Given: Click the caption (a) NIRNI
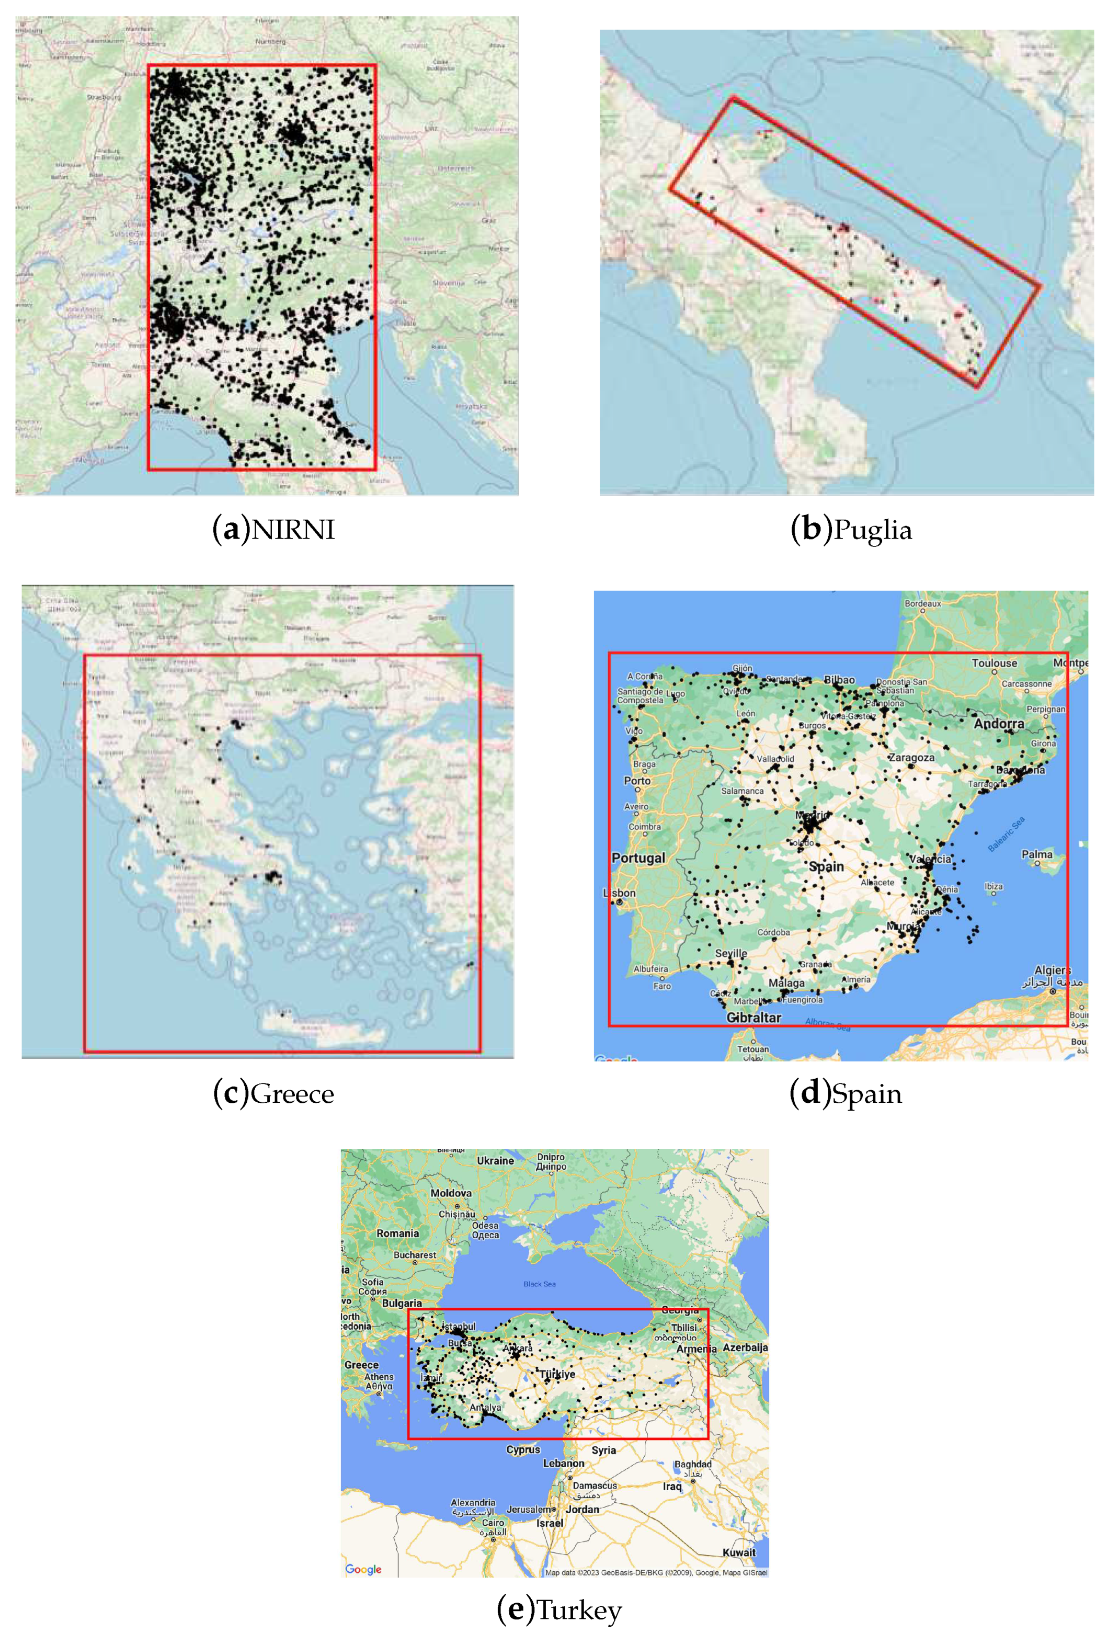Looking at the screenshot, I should click(x=273, y=529).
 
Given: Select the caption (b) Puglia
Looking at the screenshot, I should click(x=851, y=529).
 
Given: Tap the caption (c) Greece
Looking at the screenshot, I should click(x=273, y=1093).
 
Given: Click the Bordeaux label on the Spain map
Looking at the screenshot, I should click(x=922, y=603).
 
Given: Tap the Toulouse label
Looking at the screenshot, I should click(x=993, y=663).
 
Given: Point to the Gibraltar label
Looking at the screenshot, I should click(x=753, y=1018).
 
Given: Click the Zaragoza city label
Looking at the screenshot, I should click(x=911, y=758).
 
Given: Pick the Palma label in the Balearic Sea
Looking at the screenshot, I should click(x=1037, y=854).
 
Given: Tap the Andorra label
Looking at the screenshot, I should click(x=999, y=724).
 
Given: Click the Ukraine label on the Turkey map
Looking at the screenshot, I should click(x=495, y=1160).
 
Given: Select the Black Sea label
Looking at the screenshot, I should click(x=539, y=1284).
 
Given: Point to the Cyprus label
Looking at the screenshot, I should click(x=523, y=1449).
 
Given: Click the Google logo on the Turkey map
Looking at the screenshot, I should click(x=363, y=1569).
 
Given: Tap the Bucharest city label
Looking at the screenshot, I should click(x=414, y=1255).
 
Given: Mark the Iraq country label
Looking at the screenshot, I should click(x=672, y=1486).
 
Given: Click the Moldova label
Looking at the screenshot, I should click(x=451, y=1193).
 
